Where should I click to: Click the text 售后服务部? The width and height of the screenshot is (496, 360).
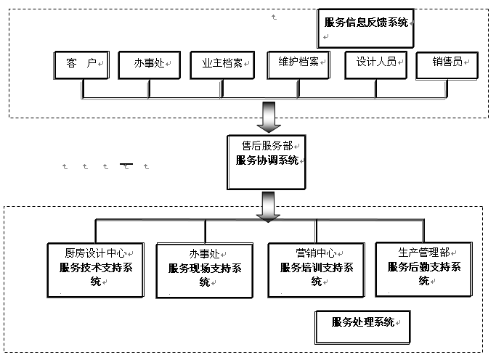266,145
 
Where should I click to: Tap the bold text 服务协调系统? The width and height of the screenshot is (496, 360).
267,161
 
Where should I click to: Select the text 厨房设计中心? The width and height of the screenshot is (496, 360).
96,253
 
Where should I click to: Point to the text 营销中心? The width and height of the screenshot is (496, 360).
315,253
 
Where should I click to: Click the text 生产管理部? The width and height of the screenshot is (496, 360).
423,253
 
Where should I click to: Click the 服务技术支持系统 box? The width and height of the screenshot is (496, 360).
96,274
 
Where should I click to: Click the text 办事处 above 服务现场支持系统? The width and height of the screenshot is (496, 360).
204,254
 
